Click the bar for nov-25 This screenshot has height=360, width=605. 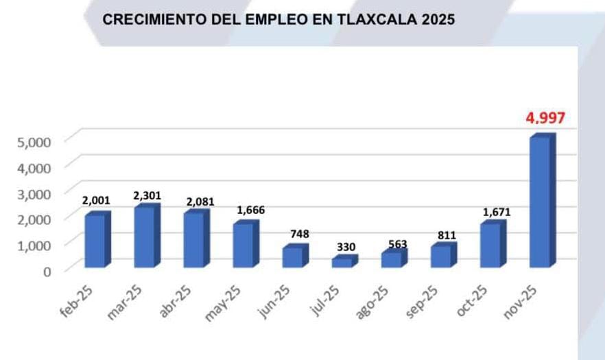[540, 202]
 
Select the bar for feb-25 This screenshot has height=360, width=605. [95, 241]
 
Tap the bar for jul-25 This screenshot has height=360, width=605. [342, 262]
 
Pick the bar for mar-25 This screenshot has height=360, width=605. [145, 237]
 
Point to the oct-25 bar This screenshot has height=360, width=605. [490, 245]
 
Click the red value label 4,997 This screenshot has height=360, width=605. [545, 118]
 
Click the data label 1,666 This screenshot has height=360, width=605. [250, 210]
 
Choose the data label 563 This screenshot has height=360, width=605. [395, 243]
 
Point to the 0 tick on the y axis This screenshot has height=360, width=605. [47, 272]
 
